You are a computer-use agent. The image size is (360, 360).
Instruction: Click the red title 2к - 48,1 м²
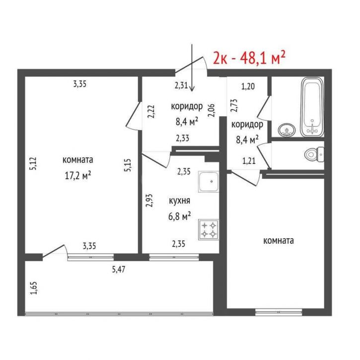pos(249,58)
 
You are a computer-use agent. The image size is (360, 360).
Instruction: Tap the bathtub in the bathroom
pos(312,107)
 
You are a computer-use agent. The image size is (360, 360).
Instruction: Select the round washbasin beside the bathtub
pos(287,130)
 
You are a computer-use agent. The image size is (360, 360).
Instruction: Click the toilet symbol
pos(314,154)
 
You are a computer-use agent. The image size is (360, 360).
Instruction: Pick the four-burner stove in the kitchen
pos(209,229)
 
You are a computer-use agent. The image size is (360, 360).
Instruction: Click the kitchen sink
pos(209,182)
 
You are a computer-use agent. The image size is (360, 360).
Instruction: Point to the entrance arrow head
pos(192,88)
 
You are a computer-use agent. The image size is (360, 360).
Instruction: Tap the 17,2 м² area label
pos(78,176)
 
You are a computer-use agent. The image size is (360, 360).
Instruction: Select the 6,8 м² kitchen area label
pos(180,216)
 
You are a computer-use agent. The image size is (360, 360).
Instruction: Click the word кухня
pos(180,201)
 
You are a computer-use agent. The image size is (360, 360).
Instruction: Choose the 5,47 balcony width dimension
pos(119,269)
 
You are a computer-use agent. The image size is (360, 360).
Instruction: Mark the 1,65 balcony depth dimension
pos(34,288)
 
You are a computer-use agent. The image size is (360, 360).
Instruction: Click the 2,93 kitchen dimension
pos(149,201)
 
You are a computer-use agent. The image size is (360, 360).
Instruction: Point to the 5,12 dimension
pos(33,163)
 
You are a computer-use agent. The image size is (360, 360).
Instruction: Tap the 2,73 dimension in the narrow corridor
pos(234,105)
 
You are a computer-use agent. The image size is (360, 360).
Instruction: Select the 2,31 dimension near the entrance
pos(181,86)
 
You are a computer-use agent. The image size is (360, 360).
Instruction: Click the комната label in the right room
pos(279,241)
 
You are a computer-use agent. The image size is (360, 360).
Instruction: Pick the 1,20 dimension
pos(248,86)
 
